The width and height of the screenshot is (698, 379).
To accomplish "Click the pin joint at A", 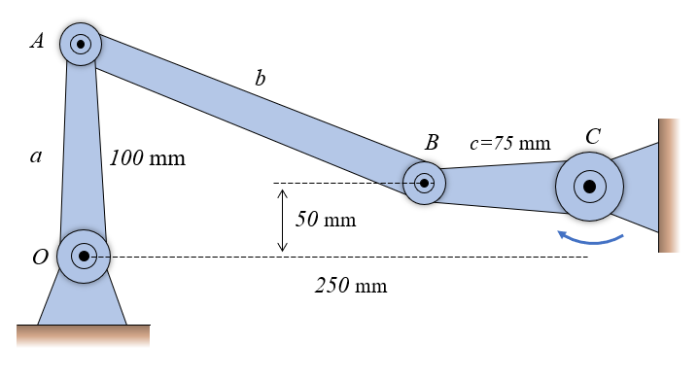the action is point(81,44).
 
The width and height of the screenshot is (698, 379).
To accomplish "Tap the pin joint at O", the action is point(84,257).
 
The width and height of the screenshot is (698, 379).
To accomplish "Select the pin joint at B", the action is point(424,183).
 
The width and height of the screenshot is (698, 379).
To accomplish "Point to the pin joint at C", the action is point(589,187).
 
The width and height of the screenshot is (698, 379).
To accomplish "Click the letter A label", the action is point(37,41).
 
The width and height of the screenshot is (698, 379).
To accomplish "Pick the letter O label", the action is point(40,257).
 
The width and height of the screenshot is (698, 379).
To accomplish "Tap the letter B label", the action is point(432,142).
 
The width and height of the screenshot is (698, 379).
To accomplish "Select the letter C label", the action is point(593,136).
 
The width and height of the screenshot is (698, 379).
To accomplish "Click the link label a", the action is point(36,155).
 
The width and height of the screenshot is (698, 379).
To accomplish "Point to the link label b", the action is point(261,78).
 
